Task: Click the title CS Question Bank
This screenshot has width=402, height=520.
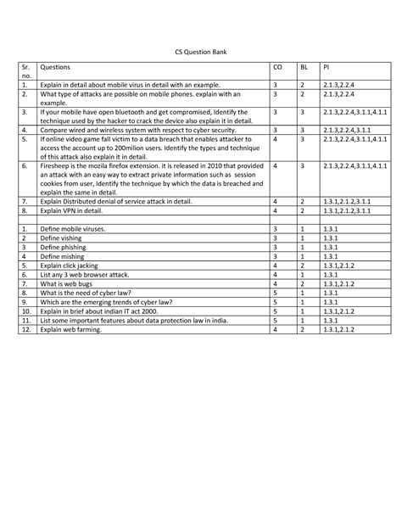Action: pyautogui.click(x=200, y=51)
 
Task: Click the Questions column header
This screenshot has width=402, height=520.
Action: pyautogui.click(x=55, y=66)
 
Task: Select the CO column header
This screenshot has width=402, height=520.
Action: pyautogui.click(x=276, y=66)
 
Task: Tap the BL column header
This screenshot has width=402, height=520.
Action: pyautogui.click(x=304, y=66)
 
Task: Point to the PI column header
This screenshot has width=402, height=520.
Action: pyautogui.click(x=326, y=66)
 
